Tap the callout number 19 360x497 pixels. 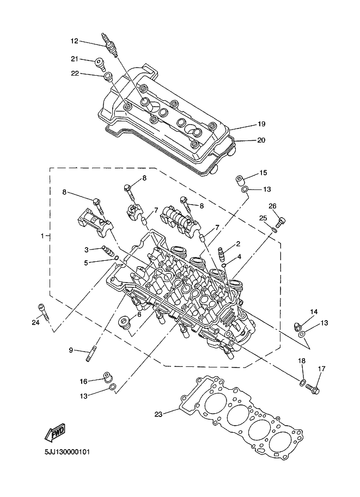(261, 124)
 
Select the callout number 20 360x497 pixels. (261, 140)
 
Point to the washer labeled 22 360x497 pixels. (108, 76)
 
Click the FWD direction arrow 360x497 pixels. (55, 432)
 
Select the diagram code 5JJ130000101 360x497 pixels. (67, 452)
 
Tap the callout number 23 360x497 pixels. (158, 414)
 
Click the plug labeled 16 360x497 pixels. (108, 377)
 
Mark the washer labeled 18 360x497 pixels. (303, 383)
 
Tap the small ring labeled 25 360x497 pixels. (274, 230)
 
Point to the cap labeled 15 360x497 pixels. (240, 180)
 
